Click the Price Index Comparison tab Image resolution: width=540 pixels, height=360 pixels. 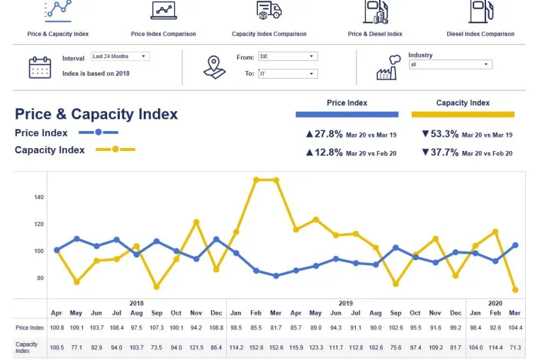(163, 34)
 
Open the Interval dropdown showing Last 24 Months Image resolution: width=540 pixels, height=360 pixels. (120, 56)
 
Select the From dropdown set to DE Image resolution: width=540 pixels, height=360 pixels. (288, 56)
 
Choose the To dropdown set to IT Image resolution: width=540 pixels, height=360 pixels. (288, 74)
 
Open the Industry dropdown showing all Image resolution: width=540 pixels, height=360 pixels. (451, 64)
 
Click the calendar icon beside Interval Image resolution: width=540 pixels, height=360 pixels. (40, 67)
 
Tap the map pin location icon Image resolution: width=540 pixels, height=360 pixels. (214, 67)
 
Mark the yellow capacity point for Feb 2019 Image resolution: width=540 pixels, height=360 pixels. (256, 180)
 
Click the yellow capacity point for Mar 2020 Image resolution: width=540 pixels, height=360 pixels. (515, 290)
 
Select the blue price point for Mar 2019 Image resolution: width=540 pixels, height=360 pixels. (276, 276)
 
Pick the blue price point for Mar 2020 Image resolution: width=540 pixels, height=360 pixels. (515, 245)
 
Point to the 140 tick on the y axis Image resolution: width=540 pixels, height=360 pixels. (39, 197)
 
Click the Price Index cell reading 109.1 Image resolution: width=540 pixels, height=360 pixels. (77, 327)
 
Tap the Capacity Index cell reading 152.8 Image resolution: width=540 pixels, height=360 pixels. (256, 347)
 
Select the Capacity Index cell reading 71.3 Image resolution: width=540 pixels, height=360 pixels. (515, 347)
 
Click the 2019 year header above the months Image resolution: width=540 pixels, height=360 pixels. (345, 303)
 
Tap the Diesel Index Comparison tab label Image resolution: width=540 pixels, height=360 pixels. (480, 34)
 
